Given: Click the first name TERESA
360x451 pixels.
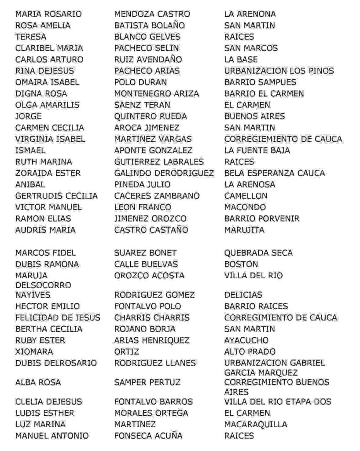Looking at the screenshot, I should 30,37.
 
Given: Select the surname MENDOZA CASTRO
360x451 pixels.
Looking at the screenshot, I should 152,14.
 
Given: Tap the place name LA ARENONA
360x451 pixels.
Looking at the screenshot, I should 250,14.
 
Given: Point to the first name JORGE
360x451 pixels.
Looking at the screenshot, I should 29,116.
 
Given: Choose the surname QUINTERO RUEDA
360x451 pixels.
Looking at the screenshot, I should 151,116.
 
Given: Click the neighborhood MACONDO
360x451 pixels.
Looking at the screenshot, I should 245,207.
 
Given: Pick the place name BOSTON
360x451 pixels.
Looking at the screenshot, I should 241,264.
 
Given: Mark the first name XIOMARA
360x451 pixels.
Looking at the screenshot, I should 34,351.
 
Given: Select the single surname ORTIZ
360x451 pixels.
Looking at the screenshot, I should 127,351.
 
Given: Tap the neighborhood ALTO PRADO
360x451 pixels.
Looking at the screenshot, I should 250,351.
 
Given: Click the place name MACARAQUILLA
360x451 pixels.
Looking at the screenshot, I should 256,424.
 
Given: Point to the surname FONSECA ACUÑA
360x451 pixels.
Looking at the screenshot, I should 148,436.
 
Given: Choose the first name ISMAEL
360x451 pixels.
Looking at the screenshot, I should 30,150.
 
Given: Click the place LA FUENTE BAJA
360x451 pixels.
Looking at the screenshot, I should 257,150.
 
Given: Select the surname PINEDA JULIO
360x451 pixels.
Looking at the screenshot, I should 142,184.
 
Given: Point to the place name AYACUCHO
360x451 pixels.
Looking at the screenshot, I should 246,340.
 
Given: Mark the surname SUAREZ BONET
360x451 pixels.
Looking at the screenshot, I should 145,253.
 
